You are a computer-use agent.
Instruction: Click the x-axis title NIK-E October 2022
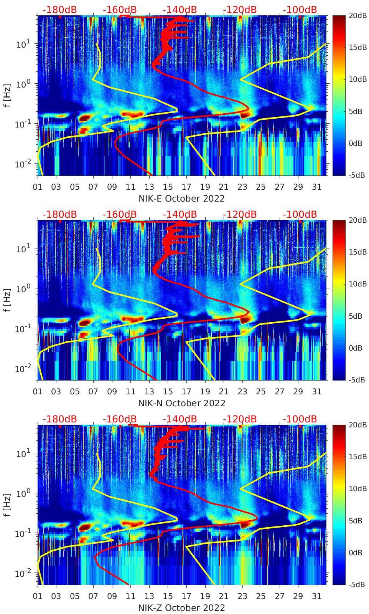(181, 199)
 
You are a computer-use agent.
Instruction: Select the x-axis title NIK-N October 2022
(181, 403)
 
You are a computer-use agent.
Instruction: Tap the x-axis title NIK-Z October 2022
(181, 608)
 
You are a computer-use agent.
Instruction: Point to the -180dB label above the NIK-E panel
(59, 10)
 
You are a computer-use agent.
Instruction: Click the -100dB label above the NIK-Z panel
(300, 419)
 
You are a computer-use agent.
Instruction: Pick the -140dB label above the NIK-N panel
(180, 214)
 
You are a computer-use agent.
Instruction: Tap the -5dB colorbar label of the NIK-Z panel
(357, 584)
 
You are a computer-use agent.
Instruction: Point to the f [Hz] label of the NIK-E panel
(8, 95)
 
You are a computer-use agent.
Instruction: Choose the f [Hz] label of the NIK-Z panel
(8, 505)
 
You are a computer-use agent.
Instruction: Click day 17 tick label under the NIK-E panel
(186, 187)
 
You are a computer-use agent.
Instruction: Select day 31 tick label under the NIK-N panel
(316, 392)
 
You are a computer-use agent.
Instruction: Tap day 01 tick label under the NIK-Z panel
(38, 596)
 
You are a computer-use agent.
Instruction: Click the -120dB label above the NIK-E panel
(240, 10)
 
